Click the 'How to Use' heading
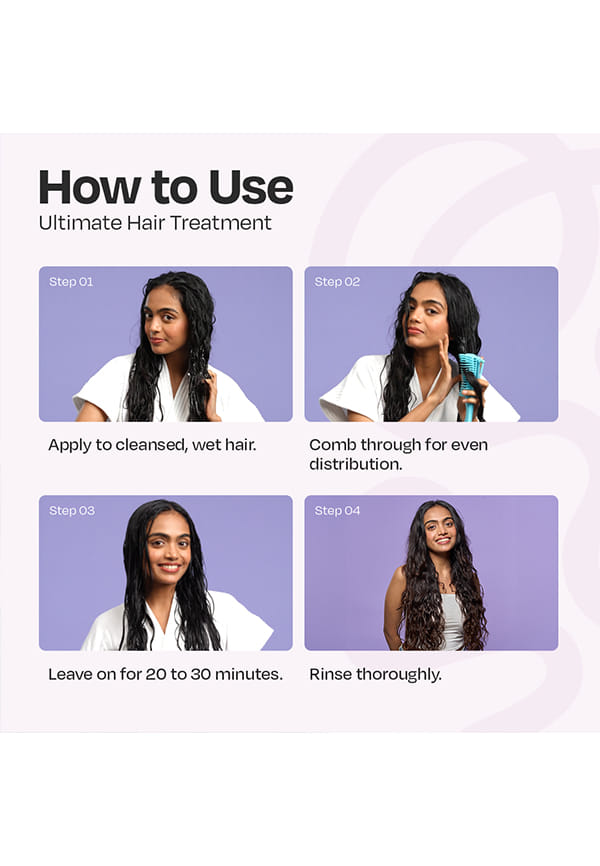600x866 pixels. coord(166,187)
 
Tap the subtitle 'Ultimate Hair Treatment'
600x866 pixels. coord(155,223)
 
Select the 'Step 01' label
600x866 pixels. coord(71,282)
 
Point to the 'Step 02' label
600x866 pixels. coord(337,282)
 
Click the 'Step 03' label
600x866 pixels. coord(72,510)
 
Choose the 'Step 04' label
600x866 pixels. coord(337,510)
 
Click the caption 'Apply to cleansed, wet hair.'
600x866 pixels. coord(152,445)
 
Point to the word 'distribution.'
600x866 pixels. coord(355,464)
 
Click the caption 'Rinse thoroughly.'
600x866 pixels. coord(375,674)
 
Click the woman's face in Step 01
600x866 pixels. coord(164,320)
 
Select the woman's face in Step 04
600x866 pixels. coord(440,529)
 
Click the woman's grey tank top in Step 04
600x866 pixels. coord(453,621)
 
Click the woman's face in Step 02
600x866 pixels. coord(426,318)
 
